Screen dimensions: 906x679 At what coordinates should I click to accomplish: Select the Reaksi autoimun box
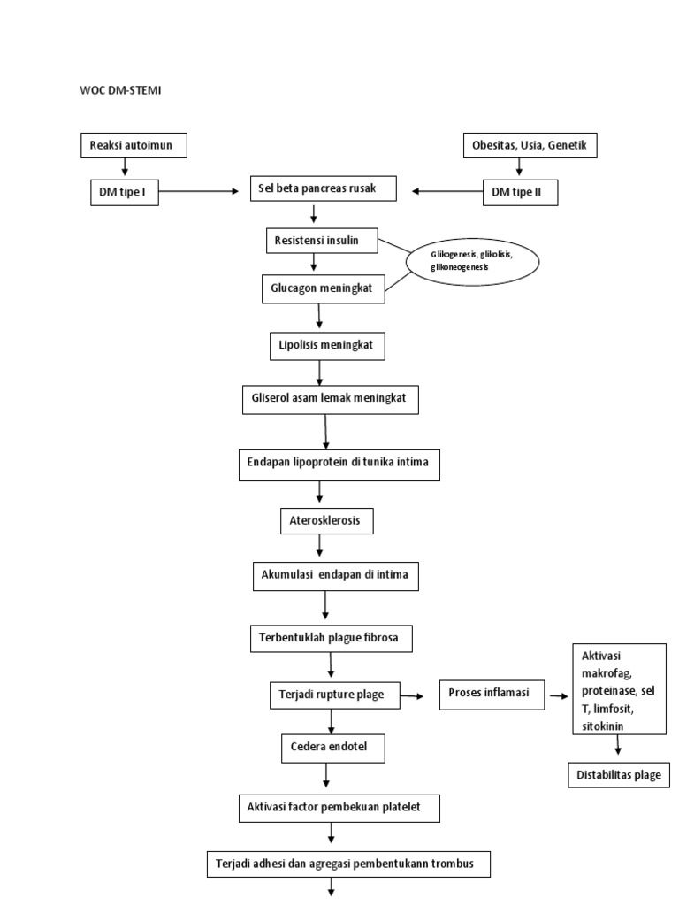(x=134, y=145)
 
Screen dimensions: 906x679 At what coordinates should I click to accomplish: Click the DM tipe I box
(x=124, y=192)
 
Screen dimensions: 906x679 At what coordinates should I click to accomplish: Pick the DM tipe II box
(x=520, y=192)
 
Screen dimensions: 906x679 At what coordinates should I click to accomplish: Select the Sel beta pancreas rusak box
(x=322, y=189)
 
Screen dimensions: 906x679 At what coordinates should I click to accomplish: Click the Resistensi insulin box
(x=323, y=240)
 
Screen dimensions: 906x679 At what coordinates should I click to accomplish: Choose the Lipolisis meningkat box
(x=327, y=347)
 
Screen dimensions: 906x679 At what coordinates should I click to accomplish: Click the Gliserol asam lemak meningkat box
(x=329, y=399)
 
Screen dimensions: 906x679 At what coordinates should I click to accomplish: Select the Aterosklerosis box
(x=326, y=521)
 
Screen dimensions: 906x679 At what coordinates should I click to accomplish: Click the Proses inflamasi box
(x=491, y=695)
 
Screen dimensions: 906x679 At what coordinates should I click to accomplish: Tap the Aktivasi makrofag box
(x=618, y=689)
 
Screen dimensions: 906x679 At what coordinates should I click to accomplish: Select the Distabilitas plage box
(x=618, y=775)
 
